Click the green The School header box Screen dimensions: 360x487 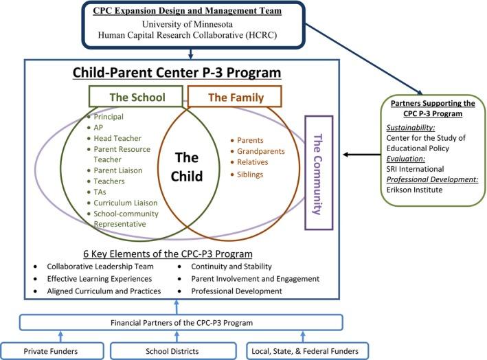tap(136, 98)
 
